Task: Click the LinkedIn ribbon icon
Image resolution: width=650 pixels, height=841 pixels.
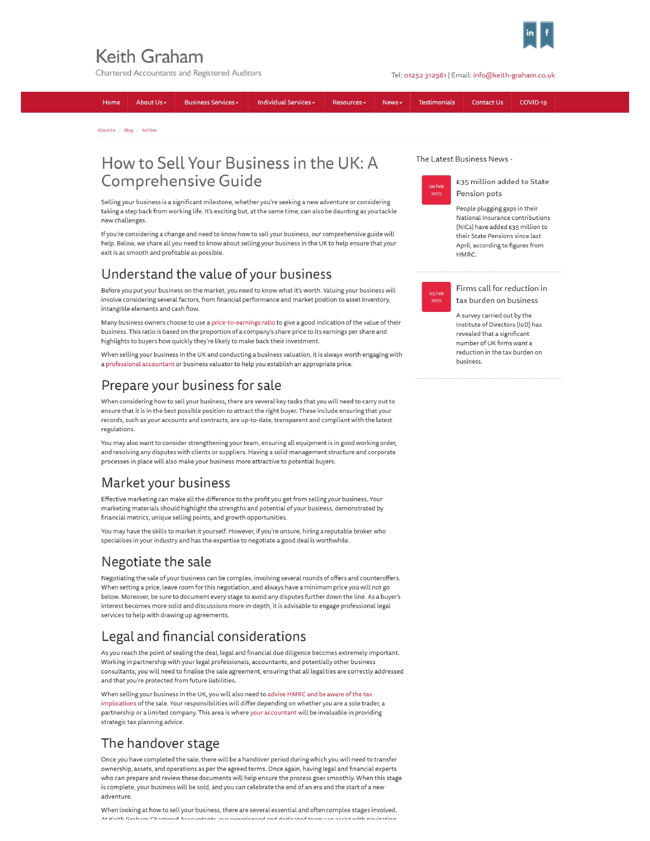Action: (x=530, y=34)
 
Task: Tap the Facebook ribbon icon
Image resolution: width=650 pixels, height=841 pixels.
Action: (x=547, y=34)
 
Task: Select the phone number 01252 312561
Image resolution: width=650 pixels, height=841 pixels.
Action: (x=425, y=75)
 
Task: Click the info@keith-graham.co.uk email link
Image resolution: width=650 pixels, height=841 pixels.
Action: (x=513, y=75)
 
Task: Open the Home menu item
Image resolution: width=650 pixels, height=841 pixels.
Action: (x=111, y=102)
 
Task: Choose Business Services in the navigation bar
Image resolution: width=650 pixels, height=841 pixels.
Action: (x=211, y=102)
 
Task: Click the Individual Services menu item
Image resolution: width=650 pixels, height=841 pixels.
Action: (x=286, y=102)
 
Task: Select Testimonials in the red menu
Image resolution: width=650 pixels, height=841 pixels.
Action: (x=436, y=102)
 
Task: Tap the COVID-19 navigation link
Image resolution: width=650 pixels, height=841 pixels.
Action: (x=533, y=102)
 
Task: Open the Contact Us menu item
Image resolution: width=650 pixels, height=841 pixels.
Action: (x=487, y=102)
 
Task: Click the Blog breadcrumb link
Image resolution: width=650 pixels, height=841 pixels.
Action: (x=128, y=130)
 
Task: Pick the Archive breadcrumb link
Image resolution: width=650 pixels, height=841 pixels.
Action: (x=149, y=130)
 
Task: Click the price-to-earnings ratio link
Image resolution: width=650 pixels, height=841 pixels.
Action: (x=243, y=323)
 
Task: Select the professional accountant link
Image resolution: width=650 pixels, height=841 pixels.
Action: (x=140, y=364)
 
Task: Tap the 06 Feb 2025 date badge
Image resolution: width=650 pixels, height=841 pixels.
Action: (x=436, y=190)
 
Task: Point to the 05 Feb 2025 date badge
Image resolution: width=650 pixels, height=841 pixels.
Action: (x=436, y=297)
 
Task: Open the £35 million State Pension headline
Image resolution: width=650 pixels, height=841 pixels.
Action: (x=502, y=188)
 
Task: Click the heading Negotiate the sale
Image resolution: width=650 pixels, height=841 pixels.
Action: (x=156, y=562)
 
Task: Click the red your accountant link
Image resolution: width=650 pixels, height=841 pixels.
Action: (x=273, y=713)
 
